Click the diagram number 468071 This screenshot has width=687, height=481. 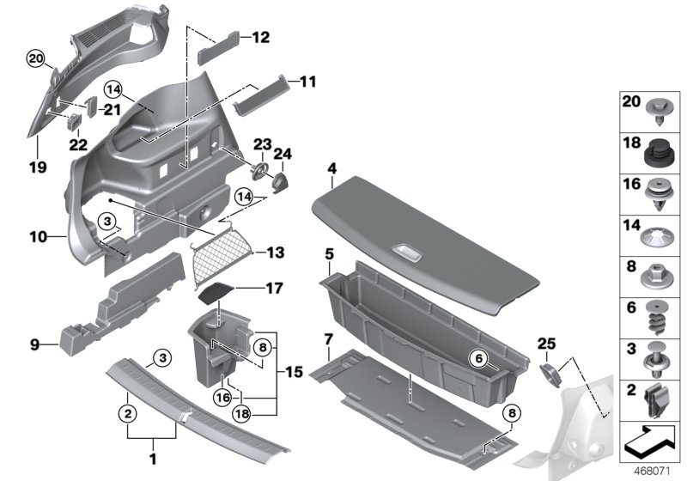[x=651, y=471]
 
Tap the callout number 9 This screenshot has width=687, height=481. [x=34, y=344]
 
